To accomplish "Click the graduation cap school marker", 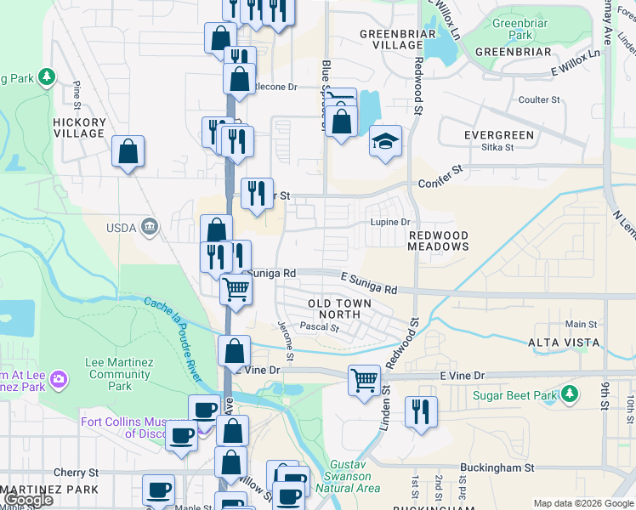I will (385, 141).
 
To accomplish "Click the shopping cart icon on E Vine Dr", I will (364, 379).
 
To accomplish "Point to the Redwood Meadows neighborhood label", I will (439, 241).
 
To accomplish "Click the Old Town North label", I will (339, 309).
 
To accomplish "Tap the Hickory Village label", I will (79, 127).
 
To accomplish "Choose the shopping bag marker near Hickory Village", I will (128, 153).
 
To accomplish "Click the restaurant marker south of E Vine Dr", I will (421, 412).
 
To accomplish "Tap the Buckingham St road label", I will (497, 467).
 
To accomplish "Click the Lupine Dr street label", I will (389, 223).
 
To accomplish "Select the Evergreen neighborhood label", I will (499, 135).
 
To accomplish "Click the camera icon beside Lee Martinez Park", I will (59, 377).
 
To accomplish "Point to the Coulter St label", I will (539, 100).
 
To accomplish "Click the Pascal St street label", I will (320, 327).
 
